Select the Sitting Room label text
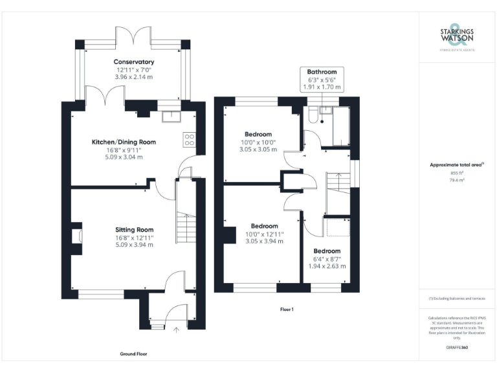click(x=134, y=230)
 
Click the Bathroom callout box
click(x=322, y=79)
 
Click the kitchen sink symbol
click(x=171, y=116)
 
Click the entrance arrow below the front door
click(x=175, y=330)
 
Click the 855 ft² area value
click(x=457, y=174)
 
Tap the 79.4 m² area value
click(x=457, y=181)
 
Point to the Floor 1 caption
click(x=287, y=310)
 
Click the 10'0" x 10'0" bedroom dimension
click(x=258, y=142)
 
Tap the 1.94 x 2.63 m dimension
click(x=327, y=266)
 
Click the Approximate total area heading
click(x=456, y=165)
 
